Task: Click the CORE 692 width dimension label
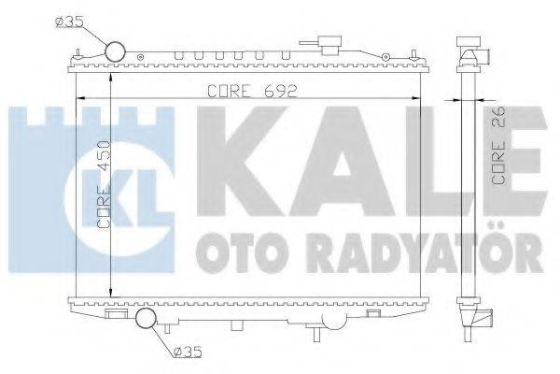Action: point(244,92)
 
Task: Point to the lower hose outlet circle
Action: point(147,320)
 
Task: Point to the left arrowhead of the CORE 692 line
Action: point(78,99)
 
